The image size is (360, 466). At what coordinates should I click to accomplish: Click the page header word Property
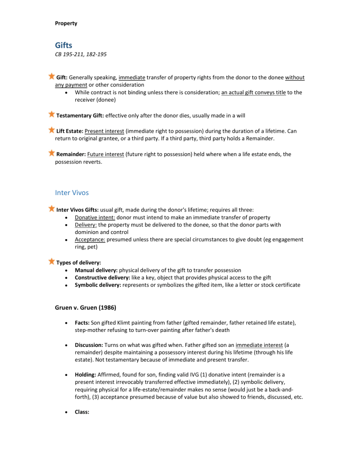66,23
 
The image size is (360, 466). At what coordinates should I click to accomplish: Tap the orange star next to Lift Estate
51,129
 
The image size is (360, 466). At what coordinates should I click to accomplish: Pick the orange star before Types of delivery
51,261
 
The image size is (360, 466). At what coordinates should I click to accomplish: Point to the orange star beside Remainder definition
51,153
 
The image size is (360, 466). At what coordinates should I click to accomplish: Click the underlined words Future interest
107,154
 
